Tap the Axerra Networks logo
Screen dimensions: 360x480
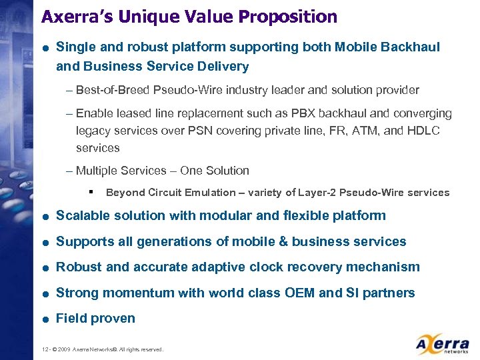tap(441, 343)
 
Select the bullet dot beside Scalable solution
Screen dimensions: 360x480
tap(45, 216)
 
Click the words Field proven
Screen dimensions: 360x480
tap(95, 319)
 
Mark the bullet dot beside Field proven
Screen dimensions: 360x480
tap(45, 319)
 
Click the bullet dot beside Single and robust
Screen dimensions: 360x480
tap(45, 48)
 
